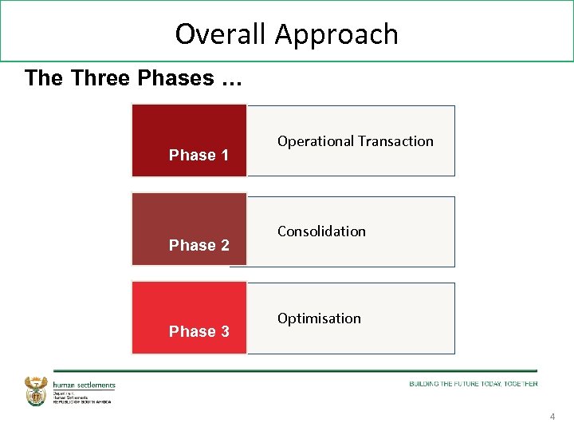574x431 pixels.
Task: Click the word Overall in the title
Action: (x=221, y=34)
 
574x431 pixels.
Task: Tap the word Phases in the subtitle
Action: (x=175, y=78)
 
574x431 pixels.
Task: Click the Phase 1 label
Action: (x=199, y=155)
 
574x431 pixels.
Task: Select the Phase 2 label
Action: (x=199, y=245)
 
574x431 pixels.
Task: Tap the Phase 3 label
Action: (x=199, y=331)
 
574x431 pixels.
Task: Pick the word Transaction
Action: (x=395, y=141)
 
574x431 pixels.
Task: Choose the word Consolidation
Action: (x=321, y=231)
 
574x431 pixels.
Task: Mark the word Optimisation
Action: (x=319, y=318)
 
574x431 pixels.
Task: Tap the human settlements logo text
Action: (x=85, y=386)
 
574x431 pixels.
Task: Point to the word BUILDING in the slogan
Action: (x=424, y=384)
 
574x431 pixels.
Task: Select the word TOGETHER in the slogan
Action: (x=521, y=384)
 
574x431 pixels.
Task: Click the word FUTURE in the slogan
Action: (x=467, y=384)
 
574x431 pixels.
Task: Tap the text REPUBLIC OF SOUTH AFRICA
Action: (x=82, y=401)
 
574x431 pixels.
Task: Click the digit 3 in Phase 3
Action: (x=225, y=331)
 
